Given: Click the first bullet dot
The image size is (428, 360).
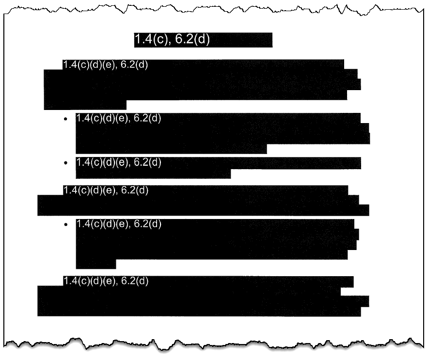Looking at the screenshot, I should pos(65,119).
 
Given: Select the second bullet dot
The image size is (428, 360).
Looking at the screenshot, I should pos(65,163).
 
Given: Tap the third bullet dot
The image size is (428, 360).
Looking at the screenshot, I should pos(65,224).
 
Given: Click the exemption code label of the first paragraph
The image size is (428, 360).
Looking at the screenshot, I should pos(105,65).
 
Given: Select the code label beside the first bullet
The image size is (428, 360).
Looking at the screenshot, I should pos(118,118).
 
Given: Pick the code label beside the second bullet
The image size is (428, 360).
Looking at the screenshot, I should pos(118,163).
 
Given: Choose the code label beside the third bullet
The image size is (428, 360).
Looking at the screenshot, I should pos(118,224).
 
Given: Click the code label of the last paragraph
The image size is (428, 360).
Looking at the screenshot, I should pos(105,281).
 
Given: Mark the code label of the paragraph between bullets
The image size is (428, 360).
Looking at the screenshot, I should pos(105,190).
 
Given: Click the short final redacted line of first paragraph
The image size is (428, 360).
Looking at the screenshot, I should pos(85,104).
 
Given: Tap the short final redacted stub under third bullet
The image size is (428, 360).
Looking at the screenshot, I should pos(96,264).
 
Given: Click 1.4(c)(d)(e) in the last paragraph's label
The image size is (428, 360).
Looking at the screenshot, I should pos(89,281).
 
